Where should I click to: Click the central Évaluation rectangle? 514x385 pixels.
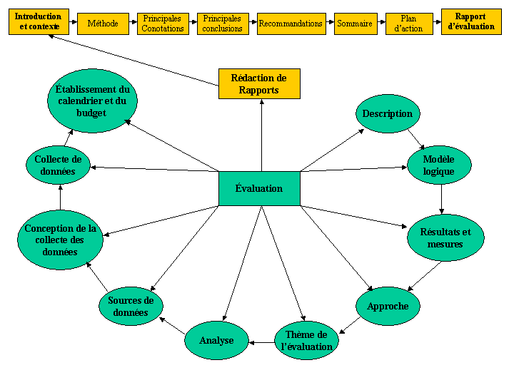(259, 188)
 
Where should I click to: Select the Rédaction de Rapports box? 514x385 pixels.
(258, 83)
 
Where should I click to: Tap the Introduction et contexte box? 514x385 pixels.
(39, 22)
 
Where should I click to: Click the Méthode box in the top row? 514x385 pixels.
(103, 24)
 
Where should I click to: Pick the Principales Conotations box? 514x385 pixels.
(162, 24)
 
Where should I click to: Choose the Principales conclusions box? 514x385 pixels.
(222, 24)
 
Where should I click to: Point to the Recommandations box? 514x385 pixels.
(291, 24)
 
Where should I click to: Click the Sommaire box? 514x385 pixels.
(355, 24)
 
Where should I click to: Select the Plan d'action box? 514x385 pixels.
(409, 24)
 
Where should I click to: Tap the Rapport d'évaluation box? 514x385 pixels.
(470, 22)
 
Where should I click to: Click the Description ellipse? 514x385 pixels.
(388, 114)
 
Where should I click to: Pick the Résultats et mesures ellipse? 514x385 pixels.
(445, 238)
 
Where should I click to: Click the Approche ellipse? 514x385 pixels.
(388, 306)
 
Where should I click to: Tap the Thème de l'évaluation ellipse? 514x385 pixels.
(306, 341)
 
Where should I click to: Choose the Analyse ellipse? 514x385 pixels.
(216, 341)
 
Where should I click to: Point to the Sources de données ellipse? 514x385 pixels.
(131, 307)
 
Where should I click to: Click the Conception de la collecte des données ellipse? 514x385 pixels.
(60, 240)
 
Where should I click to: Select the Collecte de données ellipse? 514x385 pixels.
(58, 165)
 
